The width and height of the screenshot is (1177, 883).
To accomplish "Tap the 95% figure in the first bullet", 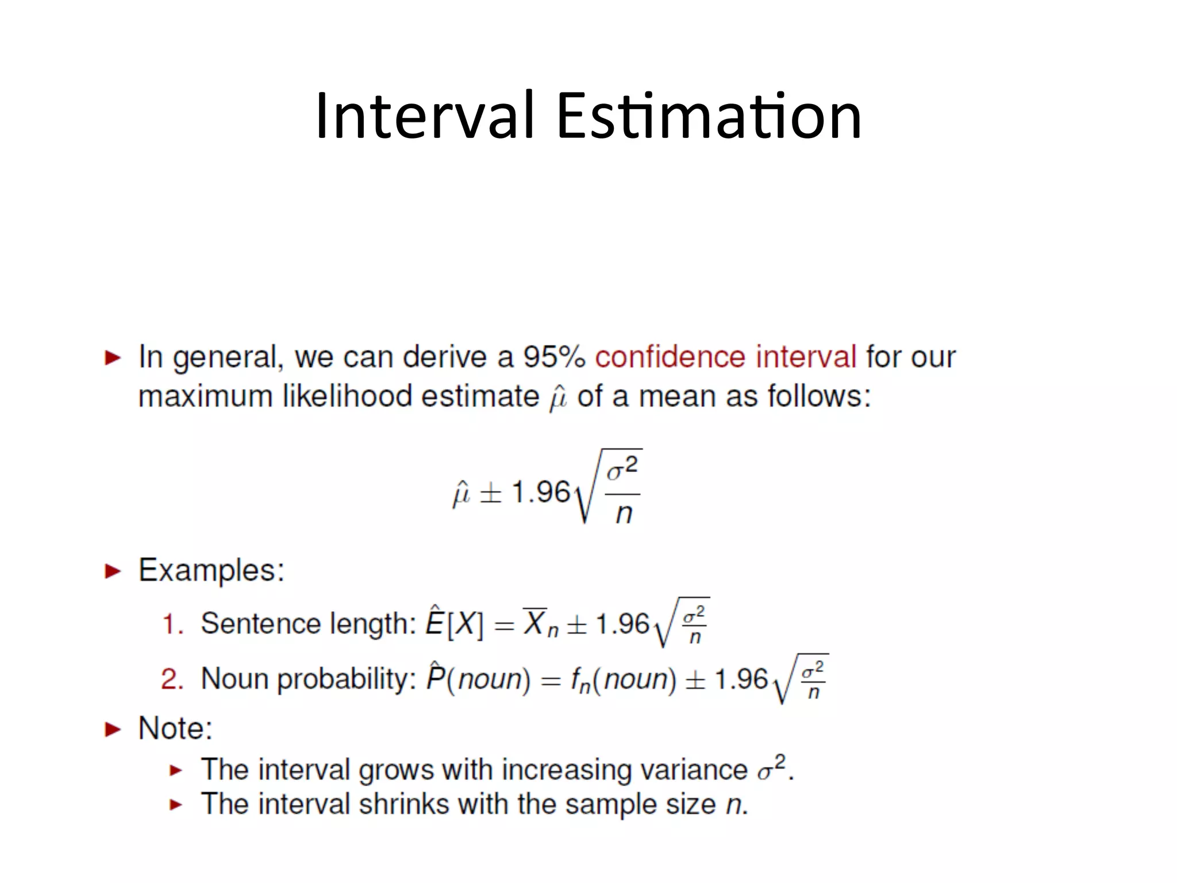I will coord(553,357).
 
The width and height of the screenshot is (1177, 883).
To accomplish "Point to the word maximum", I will coord(205,397).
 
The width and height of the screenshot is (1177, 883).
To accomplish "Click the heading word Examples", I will coord(211,571).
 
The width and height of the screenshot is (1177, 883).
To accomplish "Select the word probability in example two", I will coord(347,679).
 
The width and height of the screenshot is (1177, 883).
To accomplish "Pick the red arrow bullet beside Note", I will coord(113,730).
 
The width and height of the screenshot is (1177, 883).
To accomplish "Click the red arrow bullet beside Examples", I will coord(113,571).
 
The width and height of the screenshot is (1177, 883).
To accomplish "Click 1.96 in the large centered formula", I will coord(540,493).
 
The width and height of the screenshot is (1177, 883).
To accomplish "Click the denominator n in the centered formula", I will coord(624,513).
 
